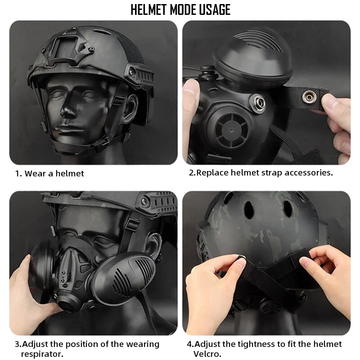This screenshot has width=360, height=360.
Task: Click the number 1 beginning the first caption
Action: point(18,173)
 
